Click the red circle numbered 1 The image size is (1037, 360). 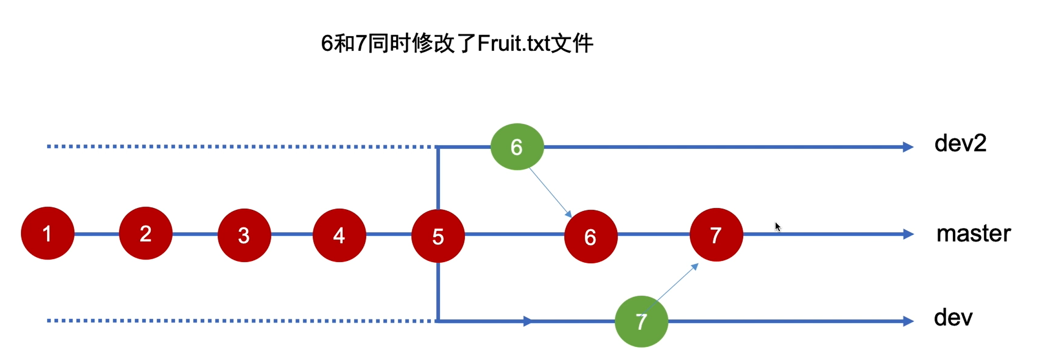pos(48,233)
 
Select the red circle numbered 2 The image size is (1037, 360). pos(146,233)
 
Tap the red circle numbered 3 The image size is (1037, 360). pos(244,235)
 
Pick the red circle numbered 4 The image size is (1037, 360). pos(339,235)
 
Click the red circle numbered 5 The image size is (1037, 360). pos(438,236)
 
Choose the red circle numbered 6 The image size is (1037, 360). pos(591,237)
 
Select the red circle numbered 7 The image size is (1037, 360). pos(716,235)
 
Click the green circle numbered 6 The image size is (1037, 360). pos(517,147)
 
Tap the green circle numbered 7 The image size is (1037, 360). pos(641,322)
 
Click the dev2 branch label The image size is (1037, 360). pos(960,143)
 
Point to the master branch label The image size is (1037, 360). pos(974,233)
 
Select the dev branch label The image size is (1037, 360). pos(953,318)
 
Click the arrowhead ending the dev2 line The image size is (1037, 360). pos(908,147)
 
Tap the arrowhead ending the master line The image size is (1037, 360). pos(908,234)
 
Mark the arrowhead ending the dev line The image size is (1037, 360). pos(908,322)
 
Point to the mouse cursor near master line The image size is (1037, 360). pos(778,227)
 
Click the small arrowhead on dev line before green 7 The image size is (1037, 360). pos(528,322)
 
